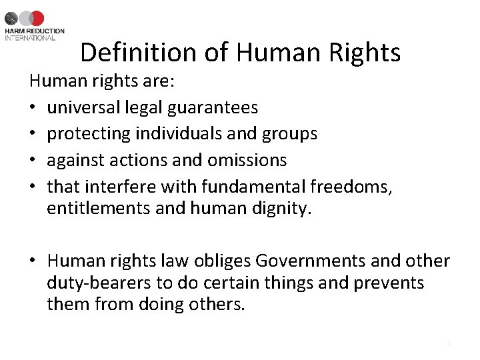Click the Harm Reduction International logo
pos(35,25)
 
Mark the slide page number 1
pos(449,343)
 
